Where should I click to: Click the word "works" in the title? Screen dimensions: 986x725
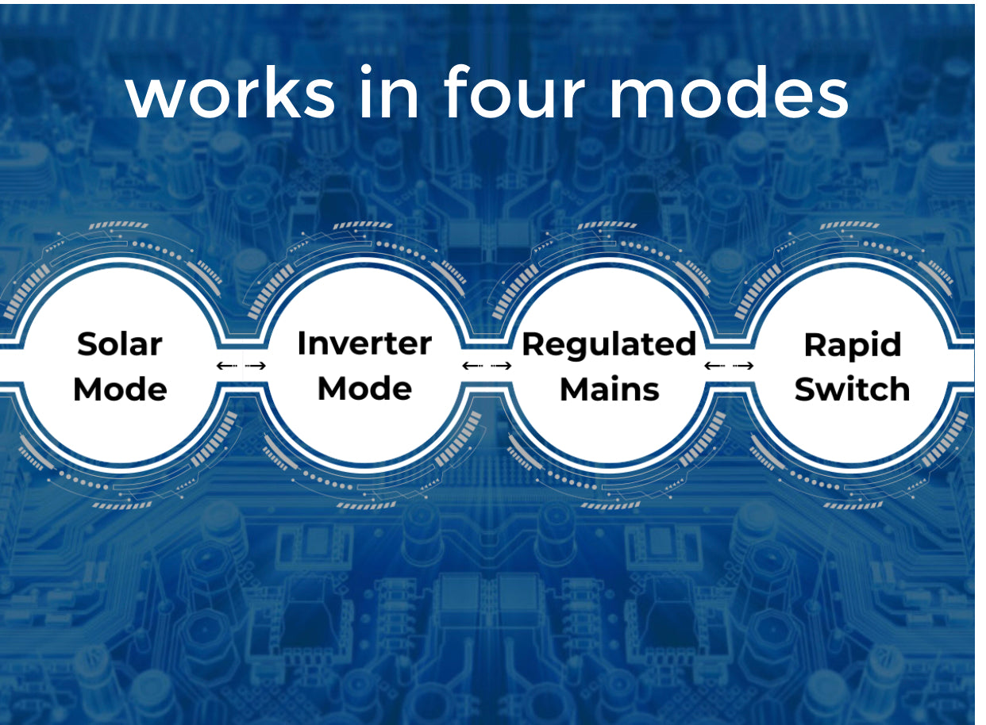pos(230,94)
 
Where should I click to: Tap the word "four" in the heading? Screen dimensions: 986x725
pos(514,91)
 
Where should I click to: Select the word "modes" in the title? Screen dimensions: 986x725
pos(729,91)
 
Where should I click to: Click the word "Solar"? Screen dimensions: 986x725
pos(120,343)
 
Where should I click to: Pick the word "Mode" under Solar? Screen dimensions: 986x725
pos(120,389)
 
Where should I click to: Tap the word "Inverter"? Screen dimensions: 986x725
pos(364,343)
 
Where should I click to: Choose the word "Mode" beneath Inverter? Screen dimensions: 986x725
pos(364,389)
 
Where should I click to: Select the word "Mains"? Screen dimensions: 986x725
pos(610,389)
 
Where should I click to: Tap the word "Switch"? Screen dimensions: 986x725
pos(852,389)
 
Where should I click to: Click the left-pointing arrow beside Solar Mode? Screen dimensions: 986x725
pos(227,365)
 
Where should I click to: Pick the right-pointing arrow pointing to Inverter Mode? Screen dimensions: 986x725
pos(256,365)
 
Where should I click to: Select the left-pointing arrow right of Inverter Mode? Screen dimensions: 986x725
pos(472,365)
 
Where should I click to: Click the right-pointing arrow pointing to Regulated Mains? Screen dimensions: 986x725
pos(501,365)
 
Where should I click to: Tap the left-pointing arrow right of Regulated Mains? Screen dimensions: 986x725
pos(715,365)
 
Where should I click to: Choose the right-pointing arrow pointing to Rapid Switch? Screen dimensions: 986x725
pos(743,365)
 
